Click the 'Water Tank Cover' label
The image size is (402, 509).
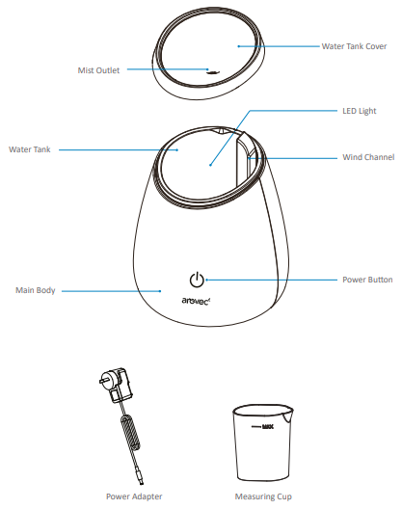coord(354,46)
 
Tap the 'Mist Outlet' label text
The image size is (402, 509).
coord(98,70)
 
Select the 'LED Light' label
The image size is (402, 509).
coord(360,111)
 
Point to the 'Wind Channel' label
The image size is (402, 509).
coord(368,157)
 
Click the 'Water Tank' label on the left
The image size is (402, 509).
coord(30,149)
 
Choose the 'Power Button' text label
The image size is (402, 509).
coord(367,280)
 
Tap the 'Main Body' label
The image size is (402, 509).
coord(36,290)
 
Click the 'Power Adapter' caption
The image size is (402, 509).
coord(134,496)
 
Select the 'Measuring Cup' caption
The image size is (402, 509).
coord(263,496)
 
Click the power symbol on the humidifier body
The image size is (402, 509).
coord(197,280)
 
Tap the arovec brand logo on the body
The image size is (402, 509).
coord(196,301)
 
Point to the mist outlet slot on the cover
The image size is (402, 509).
coord(212,72)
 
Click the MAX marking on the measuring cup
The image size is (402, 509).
coord(268,426)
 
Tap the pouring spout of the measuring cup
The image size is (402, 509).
coord(287,415)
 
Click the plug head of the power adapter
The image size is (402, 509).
coord(117,385)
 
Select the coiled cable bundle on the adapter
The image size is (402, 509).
coord(130,434)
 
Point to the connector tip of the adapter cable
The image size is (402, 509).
coord(141,480)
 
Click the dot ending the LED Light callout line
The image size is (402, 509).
coord(210,165)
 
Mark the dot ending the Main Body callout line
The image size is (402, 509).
coord(160,291)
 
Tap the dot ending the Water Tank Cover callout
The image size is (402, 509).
coord(239,46)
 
